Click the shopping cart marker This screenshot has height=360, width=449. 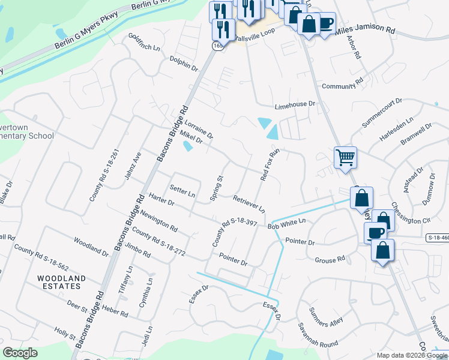345,158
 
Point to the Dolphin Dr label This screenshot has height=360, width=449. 184,64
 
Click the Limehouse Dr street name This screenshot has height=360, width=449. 295,104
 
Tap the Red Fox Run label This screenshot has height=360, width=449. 271,165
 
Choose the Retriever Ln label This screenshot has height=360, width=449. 249,204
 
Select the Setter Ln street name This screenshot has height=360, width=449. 182,194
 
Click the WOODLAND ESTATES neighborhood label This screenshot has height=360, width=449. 61,283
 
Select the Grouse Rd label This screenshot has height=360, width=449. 330,260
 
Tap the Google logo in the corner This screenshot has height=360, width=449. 20,353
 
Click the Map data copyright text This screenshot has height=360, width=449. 411,355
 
